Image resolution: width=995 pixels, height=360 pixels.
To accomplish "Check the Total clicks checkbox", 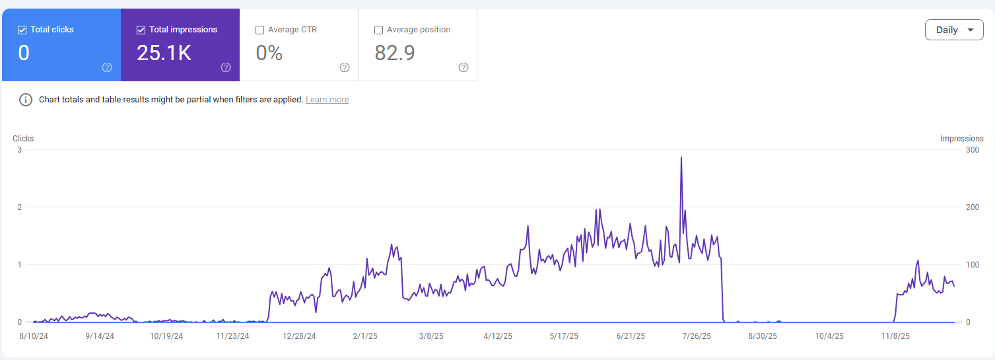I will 22,30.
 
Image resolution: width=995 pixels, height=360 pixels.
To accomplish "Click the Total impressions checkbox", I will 141,30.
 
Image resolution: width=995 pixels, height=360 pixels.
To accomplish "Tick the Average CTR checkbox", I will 260,30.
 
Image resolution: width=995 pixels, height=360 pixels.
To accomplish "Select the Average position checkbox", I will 379,30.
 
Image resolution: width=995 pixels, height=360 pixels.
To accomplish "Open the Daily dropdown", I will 954,30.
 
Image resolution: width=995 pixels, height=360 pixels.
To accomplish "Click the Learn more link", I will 327,100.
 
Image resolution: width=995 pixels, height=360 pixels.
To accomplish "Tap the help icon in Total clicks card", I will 107,67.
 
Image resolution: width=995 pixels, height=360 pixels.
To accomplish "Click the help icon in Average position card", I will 463,67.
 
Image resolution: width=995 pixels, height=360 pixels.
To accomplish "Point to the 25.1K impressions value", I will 164,53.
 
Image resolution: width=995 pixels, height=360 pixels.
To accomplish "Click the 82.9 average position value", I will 395,53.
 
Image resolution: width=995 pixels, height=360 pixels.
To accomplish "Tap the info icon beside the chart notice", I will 26,100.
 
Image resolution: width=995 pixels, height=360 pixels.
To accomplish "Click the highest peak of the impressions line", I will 681,158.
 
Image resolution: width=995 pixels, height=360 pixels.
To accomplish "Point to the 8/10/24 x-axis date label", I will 34,336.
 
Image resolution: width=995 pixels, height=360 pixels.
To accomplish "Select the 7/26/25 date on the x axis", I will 697,336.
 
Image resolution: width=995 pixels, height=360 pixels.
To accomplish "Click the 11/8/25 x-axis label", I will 895,336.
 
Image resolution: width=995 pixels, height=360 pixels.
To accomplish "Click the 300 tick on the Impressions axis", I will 972,150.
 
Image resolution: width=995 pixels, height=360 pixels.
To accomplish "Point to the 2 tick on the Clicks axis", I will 20,207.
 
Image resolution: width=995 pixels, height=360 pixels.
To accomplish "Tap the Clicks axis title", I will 23,139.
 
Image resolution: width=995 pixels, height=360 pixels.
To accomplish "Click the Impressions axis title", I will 961,139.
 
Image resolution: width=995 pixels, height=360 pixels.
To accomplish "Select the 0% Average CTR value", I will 269,53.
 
